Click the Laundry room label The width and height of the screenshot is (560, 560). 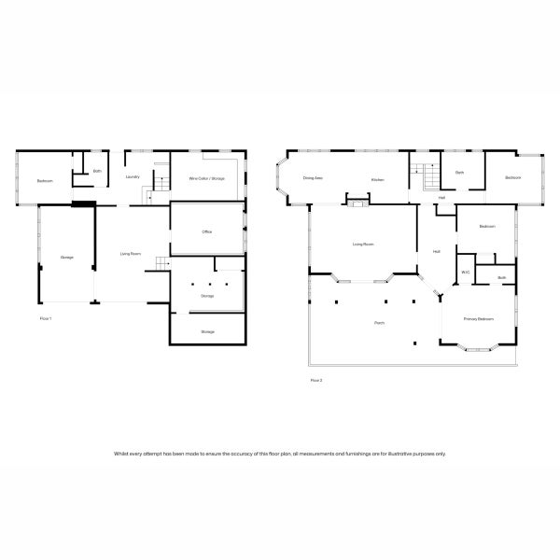click(132, 176)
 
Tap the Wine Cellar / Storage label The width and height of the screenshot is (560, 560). click(206, 178)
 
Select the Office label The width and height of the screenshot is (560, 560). click(207, 231)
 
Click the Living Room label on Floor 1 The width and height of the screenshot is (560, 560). click(131, 254)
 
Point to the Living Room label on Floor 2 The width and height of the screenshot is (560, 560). click(363, 245)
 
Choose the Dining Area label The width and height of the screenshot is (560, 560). click(313, 177)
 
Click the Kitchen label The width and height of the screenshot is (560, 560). click(378, 179)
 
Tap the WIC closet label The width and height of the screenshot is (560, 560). click(465, 273)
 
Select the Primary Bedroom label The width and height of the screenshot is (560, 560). click(479, 319)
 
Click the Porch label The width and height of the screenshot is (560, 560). click(380, 323)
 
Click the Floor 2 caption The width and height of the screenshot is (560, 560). click(315, 380)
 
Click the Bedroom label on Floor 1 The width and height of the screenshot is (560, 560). click(45, 180)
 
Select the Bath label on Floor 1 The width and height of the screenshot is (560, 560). click(97, 171)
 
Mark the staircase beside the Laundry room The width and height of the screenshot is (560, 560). click(152, 195)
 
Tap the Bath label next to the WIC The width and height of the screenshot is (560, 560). click(501, 277)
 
